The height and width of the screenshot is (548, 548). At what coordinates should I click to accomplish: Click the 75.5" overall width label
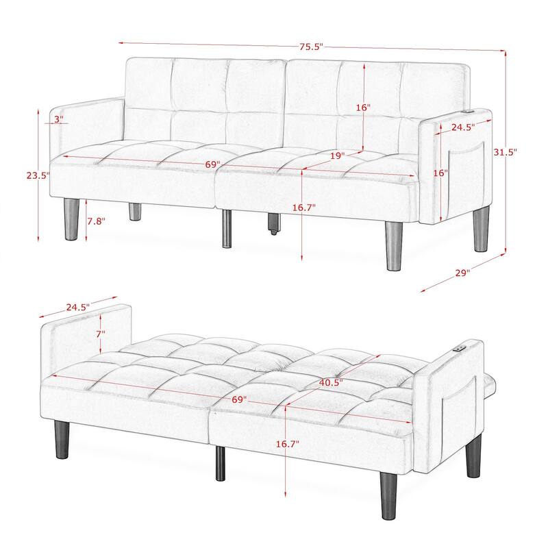310,47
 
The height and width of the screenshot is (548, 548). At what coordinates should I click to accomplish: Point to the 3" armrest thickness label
58,119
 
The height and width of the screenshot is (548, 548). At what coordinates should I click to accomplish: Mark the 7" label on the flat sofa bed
101,334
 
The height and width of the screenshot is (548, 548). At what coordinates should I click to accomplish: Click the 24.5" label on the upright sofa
463,127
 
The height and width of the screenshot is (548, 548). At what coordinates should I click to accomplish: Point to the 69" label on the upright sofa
212,165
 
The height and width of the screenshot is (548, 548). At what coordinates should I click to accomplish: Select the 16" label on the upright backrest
363,108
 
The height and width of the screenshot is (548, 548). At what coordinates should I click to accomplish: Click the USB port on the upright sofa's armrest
469,111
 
